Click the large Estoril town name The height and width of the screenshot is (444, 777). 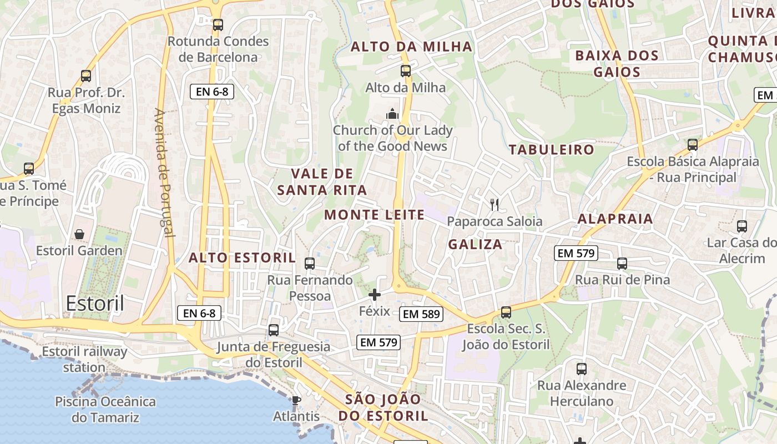(95, 304)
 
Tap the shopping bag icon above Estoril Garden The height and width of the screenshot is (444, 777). (79, 234)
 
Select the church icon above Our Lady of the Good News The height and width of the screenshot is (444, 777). (393, 114)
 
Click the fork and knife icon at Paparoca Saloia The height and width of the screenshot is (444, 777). (495, 205)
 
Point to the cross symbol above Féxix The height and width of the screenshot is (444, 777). (375, 294)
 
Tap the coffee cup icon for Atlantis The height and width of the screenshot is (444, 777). (296, 400)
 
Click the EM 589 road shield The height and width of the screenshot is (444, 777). (421, 314)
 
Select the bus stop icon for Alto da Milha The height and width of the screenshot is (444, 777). (406, 71)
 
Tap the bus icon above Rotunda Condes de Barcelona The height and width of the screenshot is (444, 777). (218, 25)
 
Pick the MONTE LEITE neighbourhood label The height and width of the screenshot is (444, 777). (374, 215)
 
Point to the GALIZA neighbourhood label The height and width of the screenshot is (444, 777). (475, 244)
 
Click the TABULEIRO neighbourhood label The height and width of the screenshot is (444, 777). (551, 149)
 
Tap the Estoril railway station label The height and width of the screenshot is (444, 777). (84, 359)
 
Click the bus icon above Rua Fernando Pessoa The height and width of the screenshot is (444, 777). (310, 263)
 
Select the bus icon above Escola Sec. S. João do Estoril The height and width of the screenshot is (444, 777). (506, 312)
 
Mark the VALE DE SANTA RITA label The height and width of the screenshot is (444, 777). (322, 181)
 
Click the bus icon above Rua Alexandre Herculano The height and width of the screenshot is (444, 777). (582, 369)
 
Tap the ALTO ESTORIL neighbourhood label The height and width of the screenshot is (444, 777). (242, 258)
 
